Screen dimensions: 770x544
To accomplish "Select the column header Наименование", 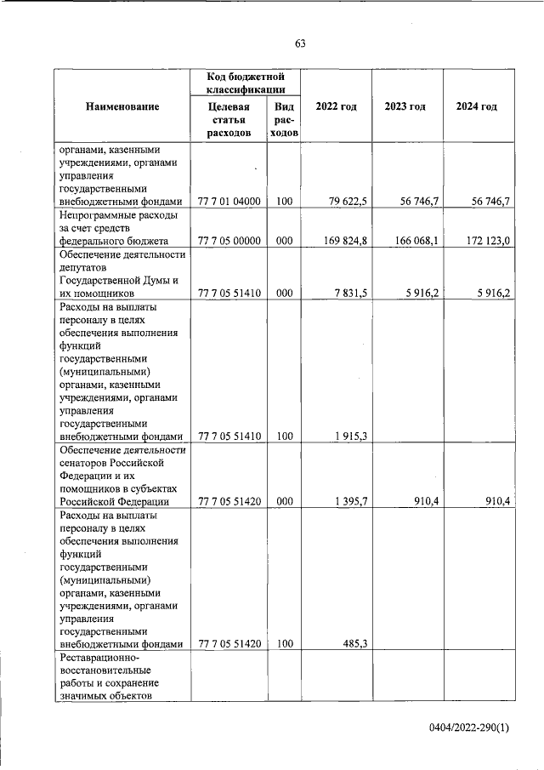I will coord(122,106).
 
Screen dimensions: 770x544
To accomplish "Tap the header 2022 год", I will coord(336,106).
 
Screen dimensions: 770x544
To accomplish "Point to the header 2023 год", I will coord(405,106).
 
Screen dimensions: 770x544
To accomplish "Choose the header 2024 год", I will coord(476,106).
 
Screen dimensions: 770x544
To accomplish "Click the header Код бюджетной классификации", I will coord(245,83).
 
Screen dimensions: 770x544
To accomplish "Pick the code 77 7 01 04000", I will coord(229,202).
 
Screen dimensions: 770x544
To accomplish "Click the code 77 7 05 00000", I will coord(229,241).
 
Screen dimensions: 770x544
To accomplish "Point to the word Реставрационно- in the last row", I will coord(99,658).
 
